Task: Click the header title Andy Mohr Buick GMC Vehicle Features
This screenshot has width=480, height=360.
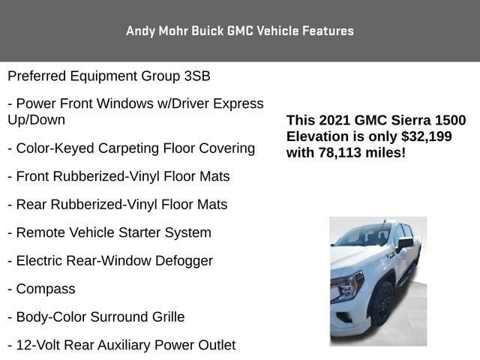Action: coord(239,31)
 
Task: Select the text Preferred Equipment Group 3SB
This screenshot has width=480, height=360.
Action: coord(109,76)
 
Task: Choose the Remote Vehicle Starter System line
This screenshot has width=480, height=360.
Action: coord(109,232)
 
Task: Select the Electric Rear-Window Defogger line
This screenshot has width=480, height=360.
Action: coord(110,261)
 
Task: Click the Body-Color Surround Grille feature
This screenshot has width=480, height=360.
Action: coord(96,317)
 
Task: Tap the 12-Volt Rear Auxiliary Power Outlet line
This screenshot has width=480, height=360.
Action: coord(121,345)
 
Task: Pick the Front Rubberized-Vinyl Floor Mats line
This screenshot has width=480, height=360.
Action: coord(118,176)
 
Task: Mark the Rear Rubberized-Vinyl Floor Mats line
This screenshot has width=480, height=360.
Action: coord(117,205)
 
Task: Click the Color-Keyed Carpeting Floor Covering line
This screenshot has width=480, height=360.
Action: coord(131,148)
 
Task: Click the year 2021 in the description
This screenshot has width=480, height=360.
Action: coord(334,120)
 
